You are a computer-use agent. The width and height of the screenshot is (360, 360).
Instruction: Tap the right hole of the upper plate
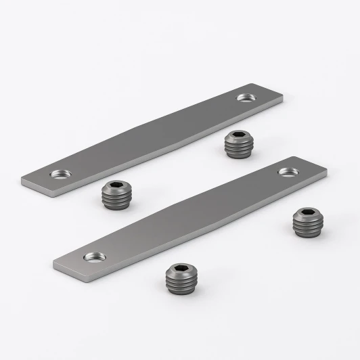[244, 98]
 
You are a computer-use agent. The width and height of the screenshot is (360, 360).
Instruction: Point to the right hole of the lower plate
[287, 172]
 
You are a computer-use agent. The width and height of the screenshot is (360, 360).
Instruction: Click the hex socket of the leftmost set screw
[116, 187]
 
